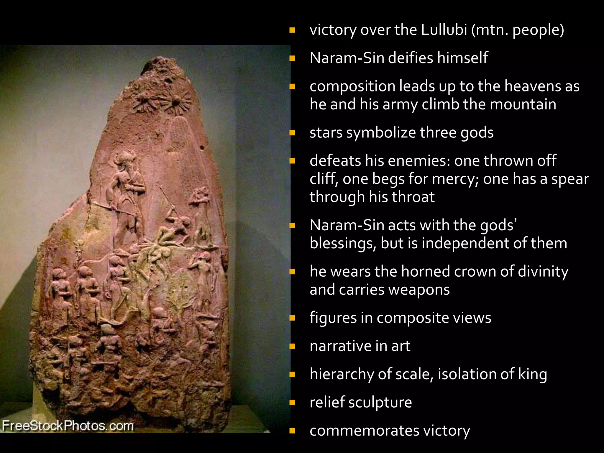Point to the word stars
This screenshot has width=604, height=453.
click(x=326, y=132)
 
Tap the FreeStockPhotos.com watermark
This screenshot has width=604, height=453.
click(x=68, y=426)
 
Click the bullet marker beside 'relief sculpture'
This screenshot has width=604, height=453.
click(x=292, y=403)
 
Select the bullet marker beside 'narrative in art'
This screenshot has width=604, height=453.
click(x=292, y=346)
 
